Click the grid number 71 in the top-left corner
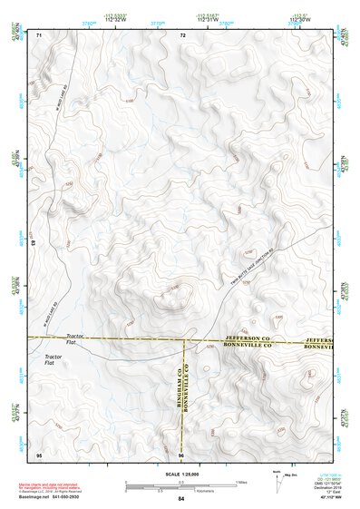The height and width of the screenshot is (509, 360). [x=39, y=34]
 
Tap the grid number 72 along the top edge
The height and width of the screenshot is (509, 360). [x=182, y=34]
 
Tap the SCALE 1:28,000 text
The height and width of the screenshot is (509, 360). [x=180, y=474]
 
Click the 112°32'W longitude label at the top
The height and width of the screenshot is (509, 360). [x=115, y=21]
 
